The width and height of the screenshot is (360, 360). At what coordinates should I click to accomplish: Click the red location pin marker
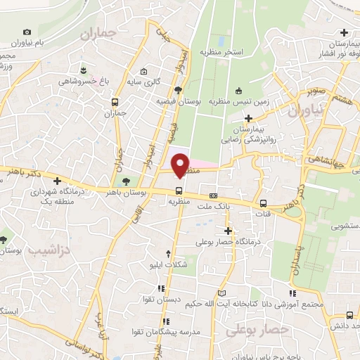180,164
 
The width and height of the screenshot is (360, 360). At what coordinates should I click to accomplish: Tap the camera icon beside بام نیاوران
27,32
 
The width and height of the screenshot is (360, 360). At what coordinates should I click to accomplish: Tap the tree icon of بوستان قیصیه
179,89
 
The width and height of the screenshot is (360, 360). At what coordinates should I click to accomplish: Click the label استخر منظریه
221,52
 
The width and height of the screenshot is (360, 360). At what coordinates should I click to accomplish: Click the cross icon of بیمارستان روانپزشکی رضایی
247,117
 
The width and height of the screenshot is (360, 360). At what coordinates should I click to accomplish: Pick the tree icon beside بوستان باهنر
126,181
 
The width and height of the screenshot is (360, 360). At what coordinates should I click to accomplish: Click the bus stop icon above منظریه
179,190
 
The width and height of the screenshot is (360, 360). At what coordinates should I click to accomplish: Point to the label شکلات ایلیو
167,265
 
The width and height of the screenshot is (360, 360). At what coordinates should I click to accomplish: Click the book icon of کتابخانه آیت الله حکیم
223,292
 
